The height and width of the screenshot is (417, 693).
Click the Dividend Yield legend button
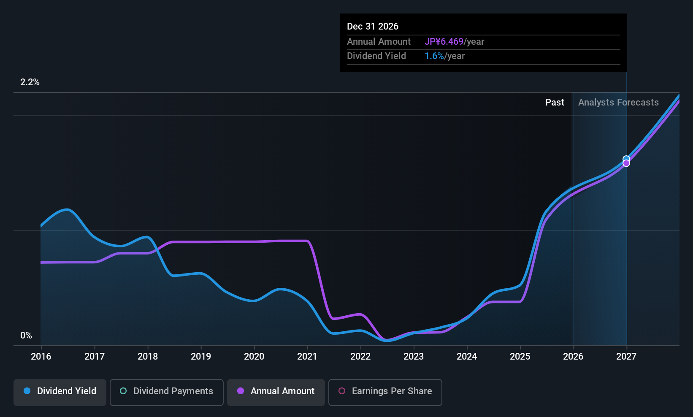point(60,391)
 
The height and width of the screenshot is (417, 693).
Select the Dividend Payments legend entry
point(167,391)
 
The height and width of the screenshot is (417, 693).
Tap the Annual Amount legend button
point(276,391)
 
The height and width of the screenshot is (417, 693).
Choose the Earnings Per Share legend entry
point(385,391)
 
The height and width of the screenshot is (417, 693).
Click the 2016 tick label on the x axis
point(41,357)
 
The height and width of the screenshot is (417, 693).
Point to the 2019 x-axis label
point(201,357)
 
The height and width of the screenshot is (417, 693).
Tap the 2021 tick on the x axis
point(307,357)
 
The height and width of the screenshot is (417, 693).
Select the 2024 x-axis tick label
point(467,357)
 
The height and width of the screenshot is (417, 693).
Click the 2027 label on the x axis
point(626,357)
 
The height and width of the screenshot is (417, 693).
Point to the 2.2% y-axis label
point(30,82)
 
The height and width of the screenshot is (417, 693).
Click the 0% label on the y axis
point(26,336)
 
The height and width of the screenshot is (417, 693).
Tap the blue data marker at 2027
point(626,159)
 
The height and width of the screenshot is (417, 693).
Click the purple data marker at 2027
point(626,163)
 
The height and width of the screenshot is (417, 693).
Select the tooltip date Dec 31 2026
point(373,27)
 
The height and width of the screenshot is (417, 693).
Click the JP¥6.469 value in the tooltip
point(444,42)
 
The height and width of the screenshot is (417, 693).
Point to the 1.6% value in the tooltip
point(434,56)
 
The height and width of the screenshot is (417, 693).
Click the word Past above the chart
point(555,103)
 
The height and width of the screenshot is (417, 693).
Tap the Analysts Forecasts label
point(618,103)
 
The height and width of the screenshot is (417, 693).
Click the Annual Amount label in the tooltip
point(379,42)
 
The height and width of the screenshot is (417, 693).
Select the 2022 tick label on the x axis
point(360,357)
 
